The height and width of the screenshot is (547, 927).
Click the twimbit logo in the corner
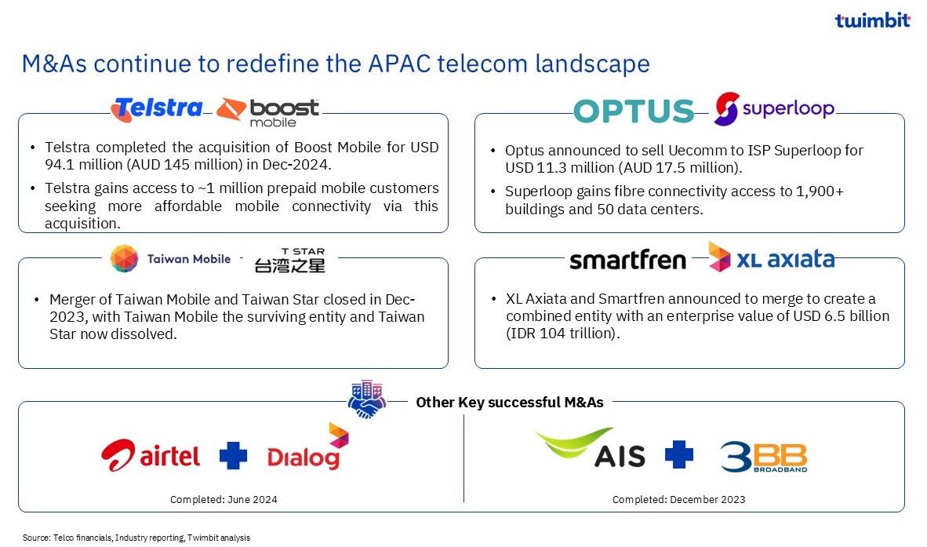click(x=873, y=20)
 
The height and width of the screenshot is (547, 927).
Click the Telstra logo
click(x=157, y=109)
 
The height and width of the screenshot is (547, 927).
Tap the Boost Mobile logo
click(x=267, y=111)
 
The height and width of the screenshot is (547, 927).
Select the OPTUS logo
click(x=634, y=111)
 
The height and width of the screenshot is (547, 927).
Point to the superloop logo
click(x=774, y=108)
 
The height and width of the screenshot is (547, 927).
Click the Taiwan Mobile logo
click(x=170, y=258)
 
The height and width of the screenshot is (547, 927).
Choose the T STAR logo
click(x=289, y=261)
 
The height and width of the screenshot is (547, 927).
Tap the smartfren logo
click(x=628, y=259)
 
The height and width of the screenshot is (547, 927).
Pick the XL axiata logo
click(x=772, y=257)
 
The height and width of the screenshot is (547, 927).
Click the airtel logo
click(x=151, y=455)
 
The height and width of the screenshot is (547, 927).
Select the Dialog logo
click(x=308, y=447)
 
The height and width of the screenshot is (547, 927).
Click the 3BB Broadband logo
click(x=764, y=457)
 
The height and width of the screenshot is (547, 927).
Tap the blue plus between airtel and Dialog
click(x=234, y=455)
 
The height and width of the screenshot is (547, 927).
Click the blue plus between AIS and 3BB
click(x=678, y=454)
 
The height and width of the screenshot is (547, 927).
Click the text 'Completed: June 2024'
click(x=224, y=500)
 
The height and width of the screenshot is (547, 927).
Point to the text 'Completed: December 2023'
click(x=678, y=500)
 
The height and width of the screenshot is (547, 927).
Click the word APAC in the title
click(x=399, y=64)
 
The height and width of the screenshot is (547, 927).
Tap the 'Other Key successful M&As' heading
click(x=510, y=403)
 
